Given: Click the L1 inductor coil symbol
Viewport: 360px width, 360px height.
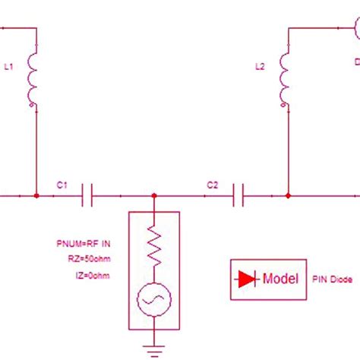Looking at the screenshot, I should click(33, 79).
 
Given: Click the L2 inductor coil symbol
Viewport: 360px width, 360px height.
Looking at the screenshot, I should click(285, 79).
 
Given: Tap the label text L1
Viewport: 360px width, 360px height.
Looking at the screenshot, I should click(9, 68).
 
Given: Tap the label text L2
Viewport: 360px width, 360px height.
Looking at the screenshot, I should click(261, 68).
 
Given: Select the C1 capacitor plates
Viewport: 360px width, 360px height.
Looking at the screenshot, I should click(87, 197).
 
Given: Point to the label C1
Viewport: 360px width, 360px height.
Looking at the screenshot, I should click(62, 185).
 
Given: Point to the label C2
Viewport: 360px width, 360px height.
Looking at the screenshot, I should click(213, 185).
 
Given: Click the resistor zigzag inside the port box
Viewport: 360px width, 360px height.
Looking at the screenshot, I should click(155, 245).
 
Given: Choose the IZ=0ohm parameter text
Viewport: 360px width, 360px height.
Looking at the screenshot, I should click(95, 274).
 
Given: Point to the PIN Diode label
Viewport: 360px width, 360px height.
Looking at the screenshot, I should click(331, 279).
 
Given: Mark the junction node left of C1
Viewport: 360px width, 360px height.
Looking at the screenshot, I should click(36, 197).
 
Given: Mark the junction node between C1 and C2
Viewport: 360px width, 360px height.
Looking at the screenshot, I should click(155, 197).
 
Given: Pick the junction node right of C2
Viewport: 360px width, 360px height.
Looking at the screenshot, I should click(287, 197).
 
